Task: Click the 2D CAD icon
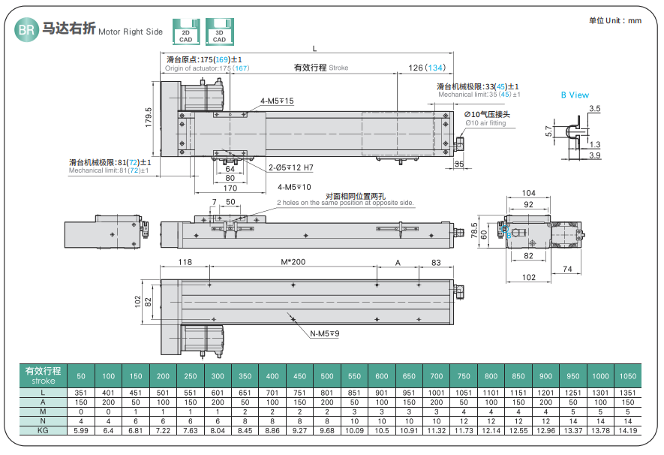tap(185, 32)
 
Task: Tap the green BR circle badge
tap(26, 31)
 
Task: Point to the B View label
tap(575, 95)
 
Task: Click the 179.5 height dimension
tap(149, 118)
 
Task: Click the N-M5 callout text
tap(325, 333)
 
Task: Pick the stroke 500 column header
tap(327, 375)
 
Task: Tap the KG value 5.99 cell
tap(82, 430)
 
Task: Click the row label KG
tap(44, 430)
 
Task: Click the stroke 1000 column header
tap(599, 375)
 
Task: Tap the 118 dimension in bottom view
tap(185, 262)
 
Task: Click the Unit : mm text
tap(615, 20)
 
